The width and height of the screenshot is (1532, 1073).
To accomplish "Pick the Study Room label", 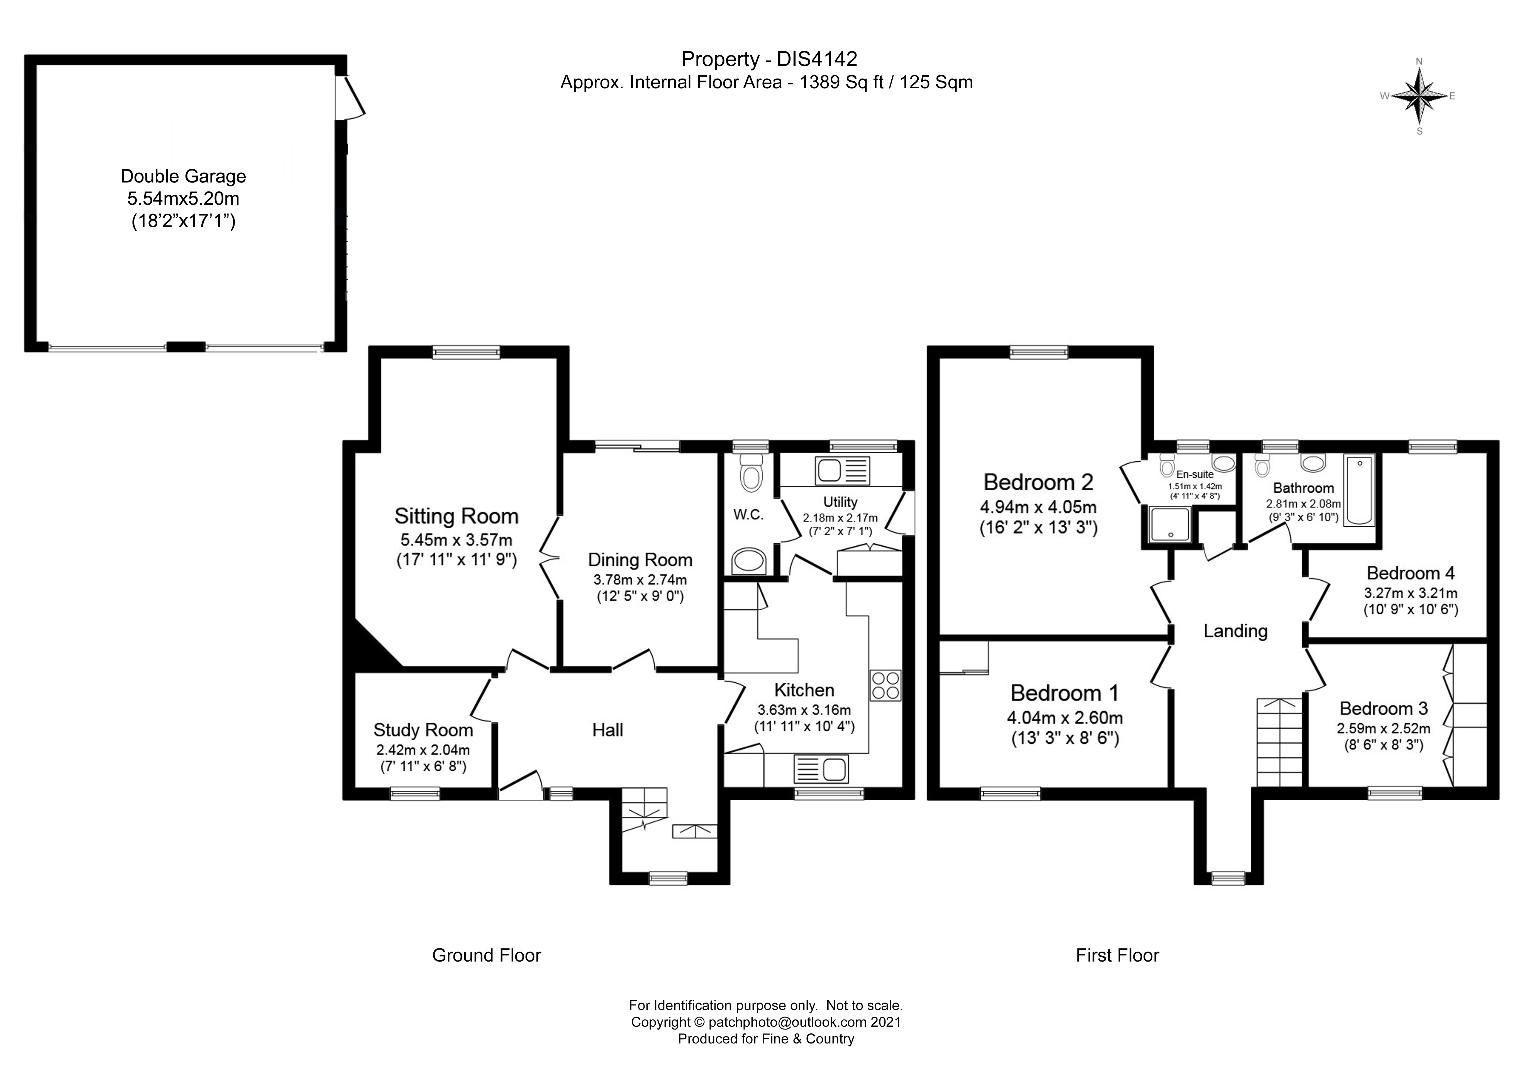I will point(423,730).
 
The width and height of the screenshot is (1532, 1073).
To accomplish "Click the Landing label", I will point(1235,631).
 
